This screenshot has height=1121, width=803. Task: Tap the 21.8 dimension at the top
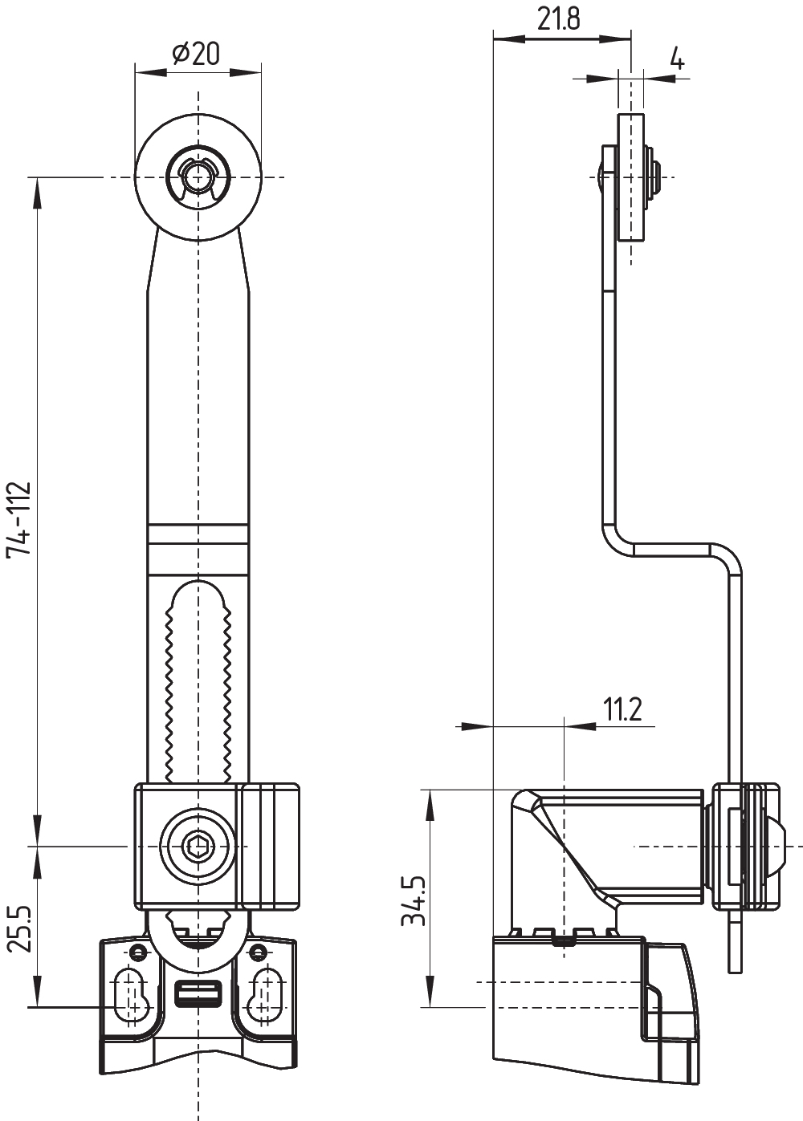point(559,18)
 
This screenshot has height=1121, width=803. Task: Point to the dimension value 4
point(677,59)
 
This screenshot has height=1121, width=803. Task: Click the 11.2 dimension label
point(622,709)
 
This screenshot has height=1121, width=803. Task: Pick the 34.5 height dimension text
point(414,900)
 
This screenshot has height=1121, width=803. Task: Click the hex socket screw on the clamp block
point(198,845)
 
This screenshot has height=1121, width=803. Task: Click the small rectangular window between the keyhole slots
point(198,994)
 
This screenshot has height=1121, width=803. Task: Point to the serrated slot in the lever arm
point(198,682)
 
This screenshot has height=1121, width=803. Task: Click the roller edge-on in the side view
point(631,177)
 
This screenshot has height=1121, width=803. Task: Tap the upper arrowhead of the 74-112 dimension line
point(37,193)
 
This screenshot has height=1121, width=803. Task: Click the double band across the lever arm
point(198,536)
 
